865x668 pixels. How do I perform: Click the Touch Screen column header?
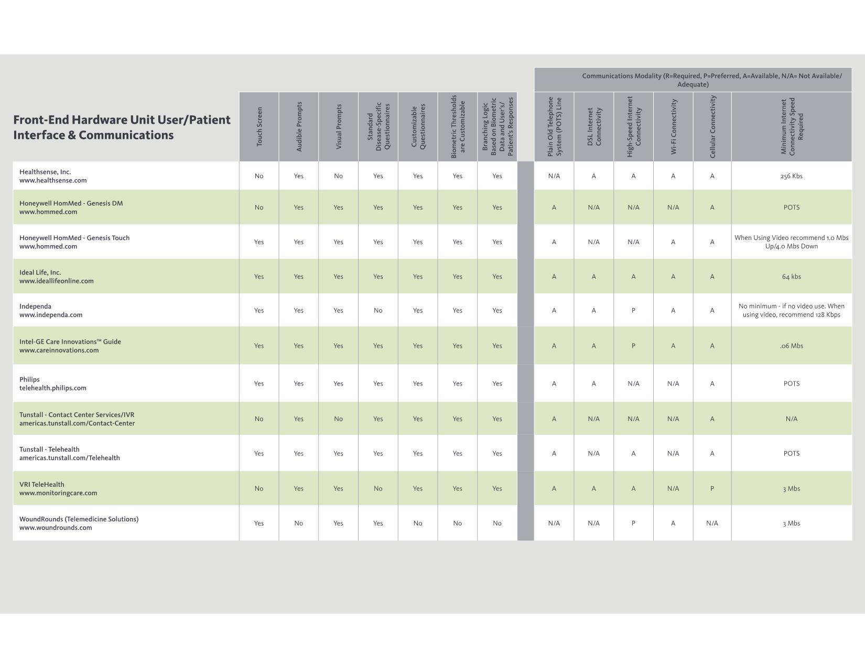[x=259, y=126]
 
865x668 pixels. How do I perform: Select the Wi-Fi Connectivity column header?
[x=673, y=126]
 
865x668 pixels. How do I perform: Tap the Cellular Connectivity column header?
[x=712, y=126]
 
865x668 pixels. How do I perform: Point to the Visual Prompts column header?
[x=339, y=126]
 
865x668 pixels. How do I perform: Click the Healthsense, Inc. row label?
[x=45, y=172]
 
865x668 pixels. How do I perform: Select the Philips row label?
[x=29, y=379]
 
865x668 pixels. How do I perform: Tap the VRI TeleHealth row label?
[x=42, y=484]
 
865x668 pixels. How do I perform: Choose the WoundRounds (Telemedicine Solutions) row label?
[x=79, y=519]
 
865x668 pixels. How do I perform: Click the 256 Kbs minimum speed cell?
[x=792, y=176]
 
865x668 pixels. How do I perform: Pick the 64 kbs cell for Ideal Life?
[x=792, y=277]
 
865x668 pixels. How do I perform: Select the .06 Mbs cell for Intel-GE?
[x=792, y=346]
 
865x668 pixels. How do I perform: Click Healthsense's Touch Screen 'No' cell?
[x=259, y=176]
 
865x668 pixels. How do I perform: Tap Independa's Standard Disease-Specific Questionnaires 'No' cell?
[x=378, y=310]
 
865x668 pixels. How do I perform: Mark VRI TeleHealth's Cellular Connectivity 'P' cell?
[x=712, y=489]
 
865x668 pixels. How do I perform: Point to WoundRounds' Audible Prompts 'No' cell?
[x=298, y=523]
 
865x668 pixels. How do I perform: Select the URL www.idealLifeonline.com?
[x=57, y=281]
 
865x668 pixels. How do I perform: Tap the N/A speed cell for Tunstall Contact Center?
[x=792, y=419]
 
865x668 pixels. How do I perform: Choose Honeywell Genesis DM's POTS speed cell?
[x=792, y=207]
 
